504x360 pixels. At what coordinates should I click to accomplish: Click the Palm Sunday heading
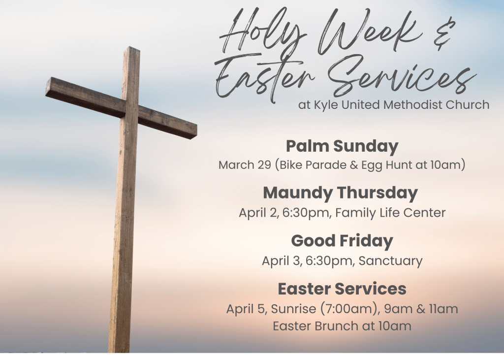[x=342, y=146]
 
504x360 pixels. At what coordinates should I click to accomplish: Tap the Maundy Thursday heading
[x=340, y=193]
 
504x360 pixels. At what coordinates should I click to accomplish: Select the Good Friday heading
[x=342, y=241]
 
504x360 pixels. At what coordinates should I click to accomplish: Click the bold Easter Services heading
[x=342, y=289]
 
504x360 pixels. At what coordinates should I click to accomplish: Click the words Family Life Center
[x=390, y=213]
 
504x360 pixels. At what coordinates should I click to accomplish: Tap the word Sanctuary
[x=390, y=261]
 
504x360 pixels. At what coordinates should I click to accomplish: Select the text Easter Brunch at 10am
[x=342, y=326]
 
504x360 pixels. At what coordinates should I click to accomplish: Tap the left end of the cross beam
[x=47, y=87]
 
